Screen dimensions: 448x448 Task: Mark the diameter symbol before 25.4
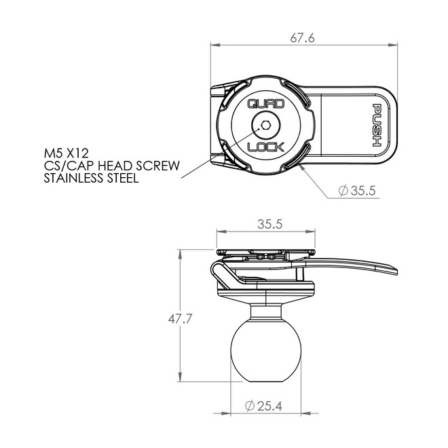click(248, 407)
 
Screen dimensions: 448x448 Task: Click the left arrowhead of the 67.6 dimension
click(212, 46)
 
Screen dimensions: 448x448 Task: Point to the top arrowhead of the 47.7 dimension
click(180, 253)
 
